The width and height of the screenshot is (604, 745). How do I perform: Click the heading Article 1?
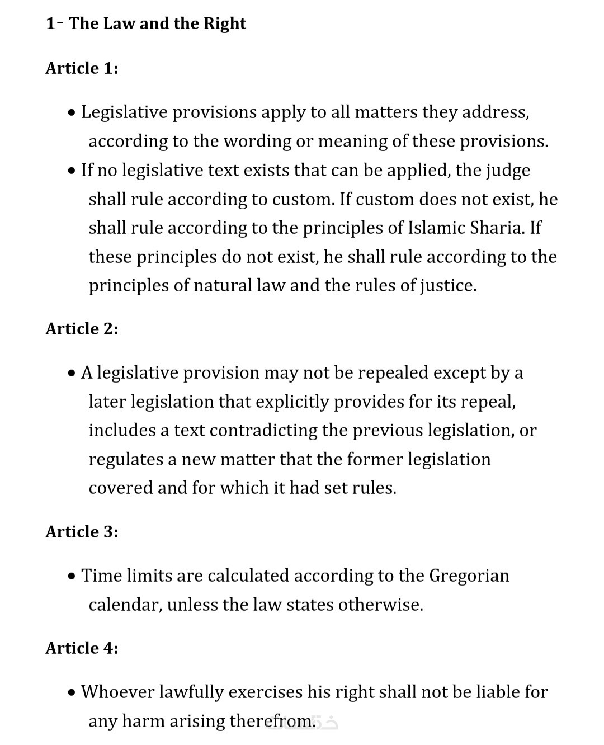82,68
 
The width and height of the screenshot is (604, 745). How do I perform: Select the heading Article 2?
82,329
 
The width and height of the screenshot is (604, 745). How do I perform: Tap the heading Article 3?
82,532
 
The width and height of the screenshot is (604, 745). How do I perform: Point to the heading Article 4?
82,648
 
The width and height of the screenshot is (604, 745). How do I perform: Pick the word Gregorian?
469,576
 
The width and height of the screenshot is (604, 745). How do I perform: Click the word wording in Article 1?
257,142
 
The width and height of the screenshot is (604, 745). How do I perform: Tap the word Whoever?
117,692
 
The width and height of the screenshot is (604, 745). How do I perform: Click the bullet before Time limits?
71,577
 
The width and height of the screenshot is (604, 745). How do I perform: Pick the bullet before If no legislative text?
71,171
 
